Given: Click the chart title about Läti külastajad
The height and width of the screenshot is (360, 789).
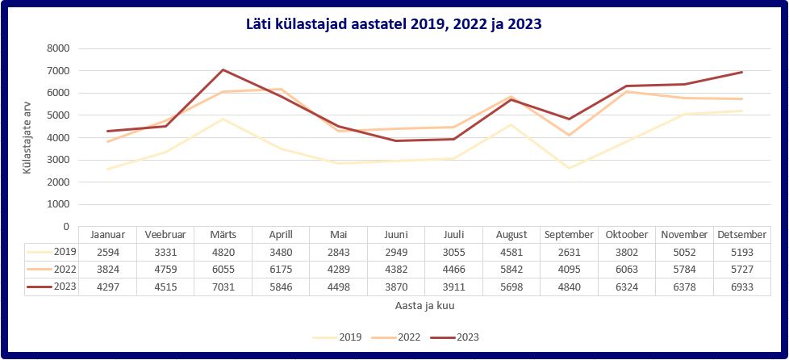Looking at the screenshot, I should click(x=394, y=25).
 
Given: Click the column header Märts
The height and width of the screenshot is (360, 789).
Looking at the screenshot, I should click(x=223, y=235).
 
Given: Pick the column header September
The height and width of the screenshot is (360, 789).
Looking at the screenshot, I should click(x=570, y=235).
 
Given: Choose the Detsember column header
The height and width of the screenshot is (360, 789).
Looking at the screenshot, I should click(x=741, y=235).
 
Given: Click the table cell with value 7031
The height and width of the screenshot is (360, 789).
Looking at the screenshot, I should click(x=223, y=286).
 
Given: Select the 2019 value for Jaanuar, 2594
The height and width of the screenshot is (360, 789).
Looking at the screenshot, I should click(x=107, y=252).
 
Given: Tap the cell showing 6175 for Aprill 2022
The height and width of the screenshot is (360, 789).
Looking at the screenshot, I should click(x=281, y=269).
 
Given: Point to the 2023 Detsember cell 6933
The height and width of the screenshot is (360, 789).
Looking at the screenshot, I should click(x=741, y=286).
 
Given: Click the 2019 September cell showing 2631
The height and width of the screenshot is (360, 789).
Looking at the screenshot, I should click(x=570, y=252).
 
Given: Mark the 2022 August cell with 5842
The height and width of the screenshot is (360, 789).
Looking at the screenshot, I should click(x=511, y=269).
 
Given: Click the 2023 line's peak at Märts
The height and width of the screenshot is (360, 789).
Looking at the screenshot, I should click(x=223, y=70).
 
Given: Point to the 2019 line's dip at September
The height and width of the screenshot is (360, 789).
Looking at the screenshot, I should click(x=570, y=168).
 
